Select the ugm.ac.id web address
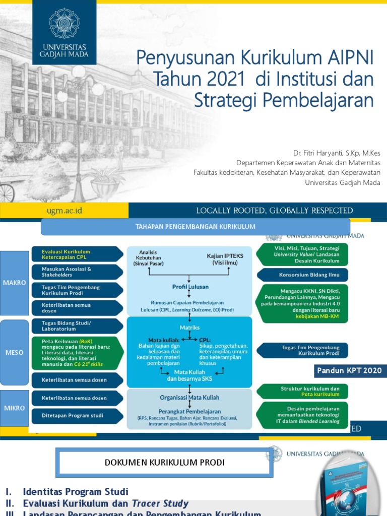tap(63, 210)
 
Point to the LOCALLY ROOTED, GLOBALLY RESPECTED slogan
tap(274, 211)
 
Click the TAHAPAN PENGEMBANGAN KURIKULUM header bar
tap(196, 227)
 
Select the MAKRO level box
tap(14, 283)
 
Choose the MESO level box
tap(14, 352)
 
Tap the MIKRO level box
tap(14, 408)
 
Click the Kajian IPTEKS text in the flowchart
tap(224, 256)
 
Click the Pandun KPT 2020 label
tap(349, 371)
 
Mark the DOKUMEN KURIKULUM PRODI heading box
tap(165, 463)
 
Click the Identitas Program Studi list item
tap(75, 491)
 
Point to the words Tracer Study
tap(160, 503)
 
